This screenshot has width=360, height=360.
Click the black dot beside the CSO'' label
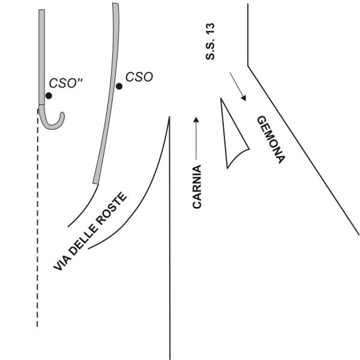[x=48, y=95]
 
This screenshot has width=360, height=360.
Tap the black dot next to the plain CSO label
[x=119, y=86]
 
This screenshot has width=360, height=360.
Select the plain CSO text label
[x=139, y=77]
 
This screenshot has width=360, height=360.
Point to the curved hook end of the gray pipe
[x=57, y=121]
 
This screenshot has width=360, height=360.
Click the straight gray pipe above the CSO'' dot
[x=42, y=54]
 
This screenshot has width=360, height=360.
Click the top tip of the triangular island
[x=221, y=99]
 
